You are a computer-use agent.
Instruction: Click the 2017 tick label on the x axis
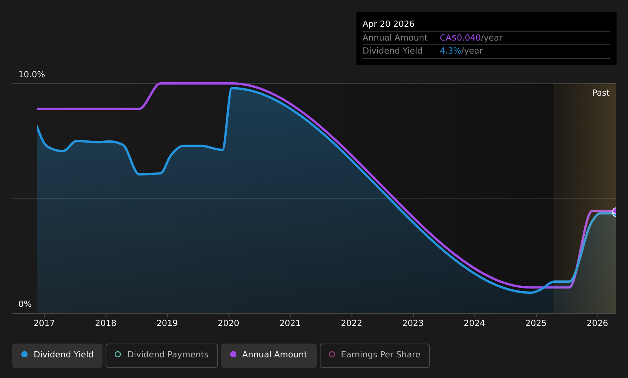44,323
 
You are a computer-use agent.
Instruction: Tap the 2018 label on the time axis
106,323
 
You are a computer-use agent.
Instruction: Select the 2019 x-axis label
167,323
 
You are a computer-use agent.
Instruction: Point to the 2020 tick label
228,323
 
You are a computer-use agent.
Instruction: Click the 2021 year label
290,323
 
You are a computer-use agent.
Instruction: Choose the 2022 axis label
351,323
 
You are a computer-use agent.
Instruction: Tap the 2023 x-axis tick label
413,323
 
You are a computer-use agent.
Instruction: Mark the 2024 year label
474,323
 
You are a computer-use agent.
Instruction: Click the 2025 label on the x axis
536,323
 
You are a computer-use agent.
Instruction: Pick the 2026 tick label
597,323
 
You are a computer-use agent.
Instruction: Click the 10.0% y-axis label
32,75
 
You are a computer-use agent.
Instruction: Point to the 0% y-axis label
25,304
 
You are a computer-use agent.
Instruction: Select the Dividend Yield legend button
57,355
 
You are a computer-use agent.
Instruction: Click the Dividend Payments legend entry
162,355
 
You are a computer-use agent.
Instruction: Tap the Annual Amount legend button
269,355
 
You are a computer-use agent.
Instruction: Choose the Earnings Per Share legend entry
375,355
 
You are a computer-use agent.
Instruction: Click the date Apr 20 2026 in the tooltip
388,24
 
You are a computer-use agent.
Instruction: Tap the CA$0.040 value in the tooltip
460,38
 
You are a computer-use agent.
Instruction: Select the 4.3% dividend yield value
450,51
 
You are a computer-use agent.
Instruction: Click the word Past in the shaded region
600,93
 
